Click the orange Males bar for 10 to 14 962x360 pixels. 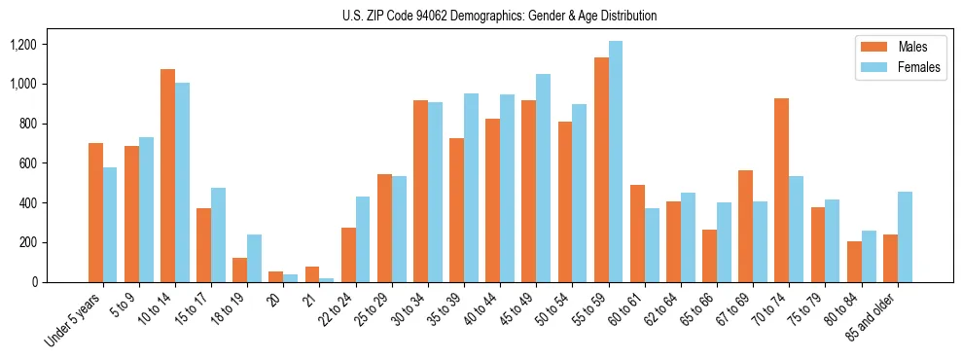167,175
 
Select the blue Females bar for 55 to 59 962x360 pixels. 616,162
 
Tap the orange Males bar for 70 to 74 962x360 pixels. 782,190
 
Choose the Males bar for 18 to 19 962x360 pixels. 240,270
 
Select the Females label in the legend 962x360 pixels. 919,68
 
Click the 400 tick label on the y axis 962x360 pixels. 54,203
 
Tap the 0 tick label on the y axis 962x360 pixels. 61,282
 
